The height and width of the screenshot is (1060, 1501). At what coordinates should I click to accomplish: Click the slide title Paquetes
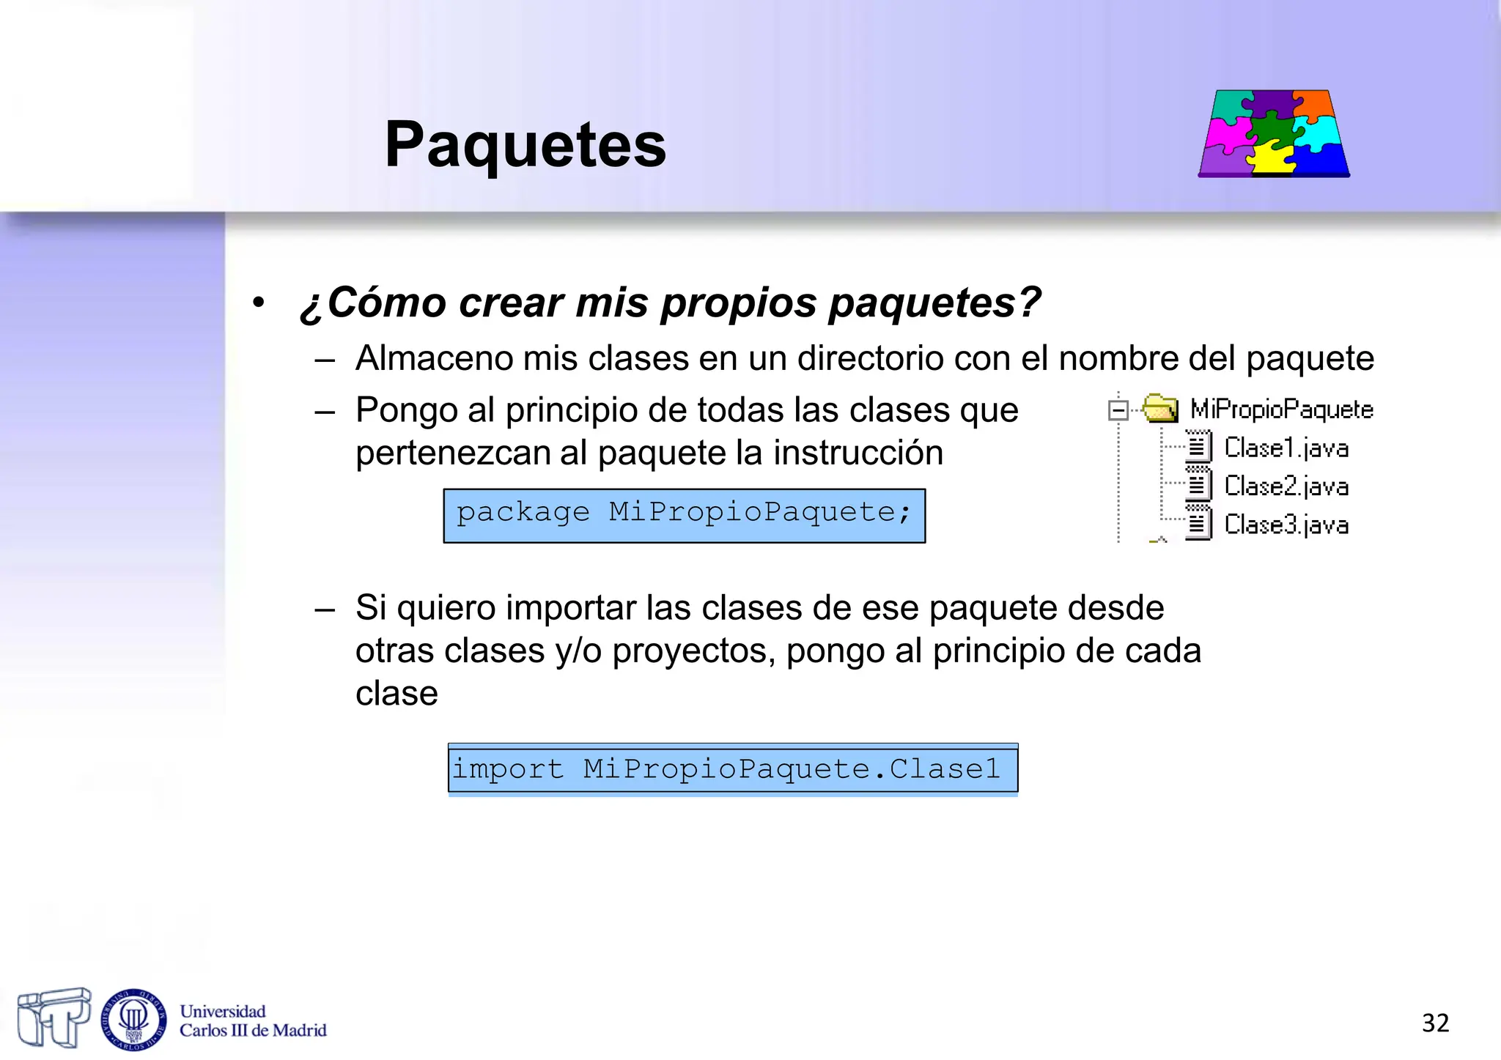525,144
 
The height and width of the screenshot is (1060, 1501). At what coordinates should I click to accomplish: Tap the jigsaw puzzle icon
1274,133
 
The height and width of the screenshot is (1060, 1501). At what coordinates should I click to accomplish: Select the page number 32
1435,1023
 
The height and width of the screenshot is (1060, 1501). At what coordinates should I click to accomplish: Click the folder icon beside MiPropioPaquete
1159,409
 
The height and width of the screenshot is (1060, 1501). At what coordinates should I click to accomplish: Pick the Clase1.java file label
1286,448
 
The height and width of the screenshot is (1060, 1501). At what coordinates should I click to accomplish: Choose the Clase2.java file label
1286,486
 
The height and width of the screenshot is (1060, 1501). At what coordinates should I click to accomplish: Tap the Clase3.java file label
1286,525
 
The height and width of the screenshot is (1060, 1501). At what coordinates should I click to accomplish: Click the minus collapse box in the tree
1118,410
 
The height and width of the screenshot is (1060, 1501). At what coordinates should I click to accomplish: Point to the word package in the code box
523,513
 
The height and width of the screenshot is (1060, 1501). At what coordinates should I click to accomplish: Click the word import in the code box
508,769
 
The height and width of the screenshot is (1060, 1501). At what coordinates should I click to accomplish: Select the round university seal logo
133,1019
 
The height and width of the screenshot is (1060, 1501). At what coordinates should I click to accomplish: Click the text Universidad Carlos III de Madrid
252,1021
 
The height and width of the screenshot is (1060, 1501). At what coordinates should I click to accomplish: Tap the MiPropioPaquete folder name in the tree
1281,409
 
